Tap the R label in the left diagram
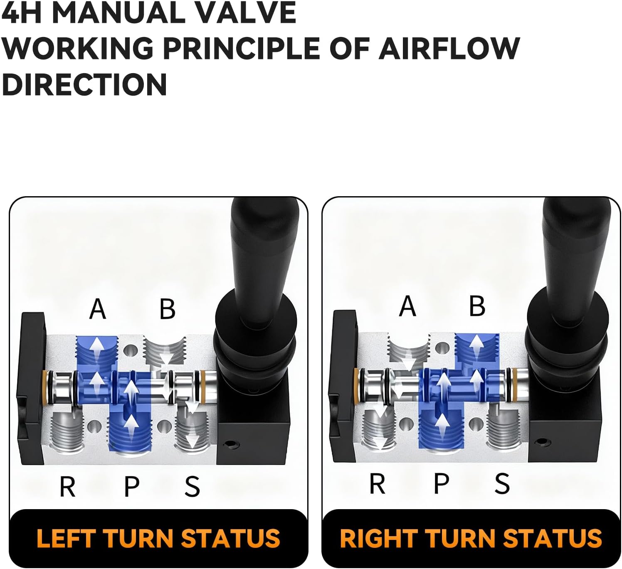point(67,487)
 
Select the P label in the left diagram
point(131,487)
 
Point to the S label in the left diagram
point(192,487)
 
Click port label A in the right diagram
point(407,306)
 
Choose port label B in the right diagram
point(477,306)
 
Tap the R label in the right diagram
point(378,483)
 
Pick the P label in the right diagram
point(442,483)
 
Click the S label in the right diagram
point(502,483)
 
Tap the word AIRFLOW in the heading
point(449,48)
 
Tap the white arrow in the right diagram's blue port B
point(476,346)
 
